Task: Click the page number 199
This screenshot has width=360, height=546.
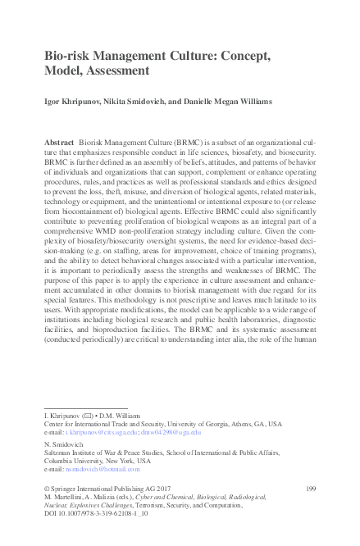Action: coord(310,488)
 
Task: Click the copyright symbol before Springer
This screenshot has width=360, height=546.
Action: coord(46,489)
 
